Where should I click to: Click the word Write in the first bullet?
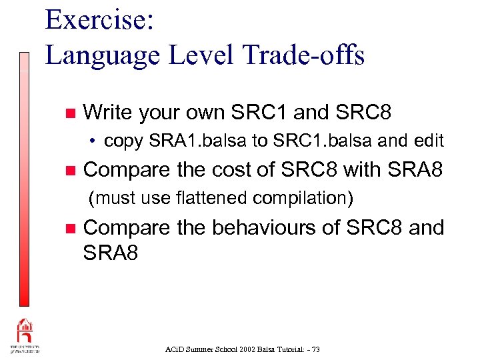pyautogui.click(x=108, y=113)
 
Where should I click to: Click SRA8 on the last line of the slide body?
pyautogui.click(x=111, y=253)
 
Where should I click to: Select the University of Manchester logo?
pyautogui.click(x=23, y=337)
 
